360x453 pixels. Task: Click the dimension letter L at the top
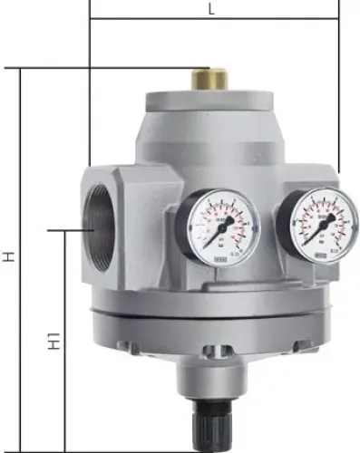tap(211, 10)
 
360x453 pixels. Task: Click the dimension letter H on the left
tap(8, 258)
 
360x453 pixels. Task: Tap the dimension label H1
tap(54, 342)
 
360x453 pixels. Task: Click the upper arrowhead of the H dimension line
tap(21, 73)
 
